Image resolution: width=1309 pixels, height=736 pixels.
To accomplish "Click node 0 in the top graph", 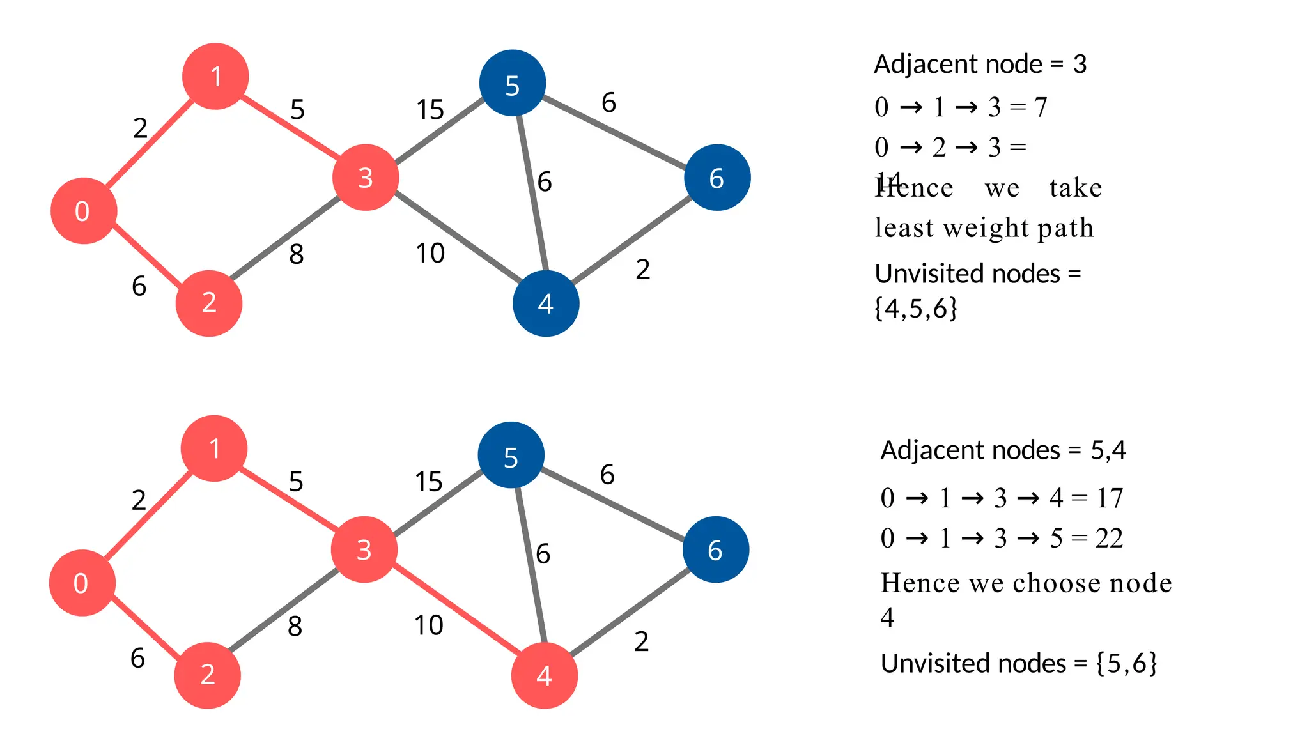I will pyautogui.click(x=84, y=211).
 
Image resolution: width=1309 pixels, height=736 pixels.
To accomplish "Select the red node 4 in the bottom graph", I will pyautogui.click(x=544, y=675).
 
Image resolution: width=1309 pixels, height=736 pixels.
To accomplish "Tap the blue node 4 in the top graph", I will pyautogui.click(x=546, y=303).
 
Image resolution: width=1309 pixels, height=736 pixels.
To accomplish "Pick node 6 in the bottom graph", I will pyautogui.click(x=715, y=549).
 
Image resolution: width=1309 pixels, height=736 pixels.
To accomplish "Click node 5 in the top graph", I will pyautogui.click(x=512, y=83).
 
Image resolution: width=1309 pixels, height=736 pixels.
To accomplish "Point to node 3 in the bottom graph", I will pyautogui.click(x=364, y=549).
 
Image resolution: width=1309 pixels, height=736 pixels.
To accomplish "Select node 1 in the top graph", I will pyautogui.click(x=215, y=77).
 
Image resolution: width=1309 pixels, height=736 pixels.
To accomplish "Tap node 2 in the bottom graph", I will pyautogui.click(x=207, y=675).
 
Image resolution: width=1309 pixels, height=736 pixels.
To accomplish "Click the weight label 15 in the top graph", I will pyautogui.click(x=430, y=110).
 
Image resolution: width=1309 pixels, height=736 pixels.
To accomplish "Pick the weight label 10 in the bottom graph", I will pyautogui.click(x=428, y=625).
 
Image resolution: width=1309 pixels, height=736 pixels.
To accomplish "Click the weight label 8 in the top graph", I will pyautogui.click(x=296, y=255).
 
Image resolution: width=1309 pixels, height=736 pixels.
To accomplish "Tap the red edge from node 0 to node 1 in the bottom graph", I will pyautogui.click(x=148, y=516).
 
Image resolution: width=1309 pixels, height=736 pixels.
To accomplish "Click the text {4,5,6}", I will pyautogui.click(x=915, y=309).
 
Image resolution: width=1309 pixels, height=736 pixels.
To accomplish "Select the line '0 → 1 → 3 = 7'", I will pyautogui.click(x=961, y=107).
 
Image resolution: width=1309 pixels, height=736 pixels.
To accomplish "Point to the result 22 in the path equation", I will pyautogui.click(x=1109, y=539).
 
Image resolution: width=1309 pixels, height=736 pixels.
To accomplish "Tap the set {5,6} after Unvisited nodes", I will pyautogui.click(x=1126, y=664).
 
